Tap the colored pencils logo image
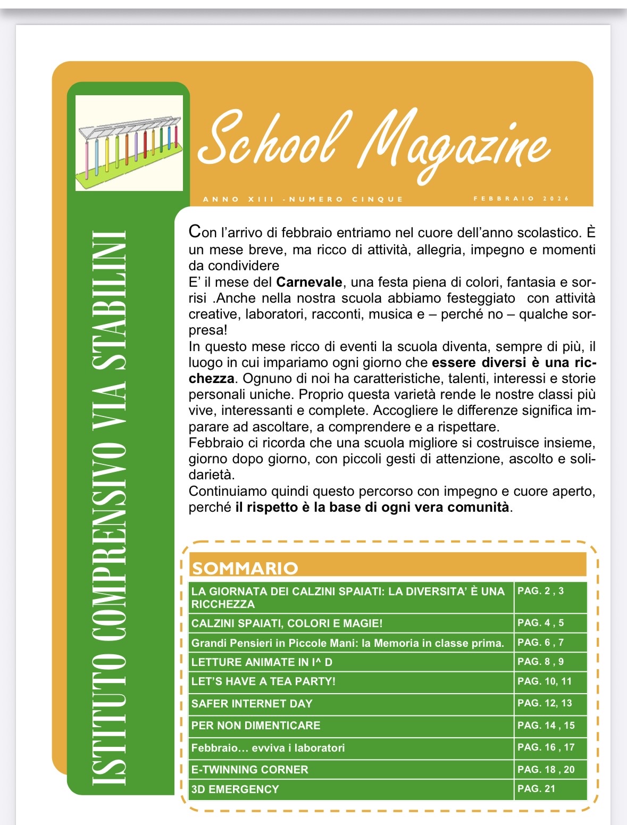click(129, 143)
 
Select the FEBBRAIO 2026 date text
click(521, 199)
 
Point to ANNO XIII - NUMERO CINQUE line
click(303, 199)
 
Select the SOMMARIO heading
click(245, 568)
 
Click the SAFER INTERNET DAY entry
click(252, 704)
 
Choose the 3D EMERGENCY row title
click(235, 789)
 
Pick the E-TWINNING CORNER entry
click(250, 770)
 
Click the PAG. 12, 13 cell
click(545, 703)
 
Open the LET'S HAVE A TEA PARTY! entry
click(263, 681)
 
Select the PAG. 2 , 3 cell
click(540, 591)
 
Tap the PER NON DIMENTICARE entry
click(256, 726)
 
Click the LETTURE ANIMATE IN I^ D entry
click(262, 662)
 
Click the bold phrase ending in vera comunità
click(372, 507)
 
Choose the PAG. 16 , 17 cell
click(546, 747)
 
